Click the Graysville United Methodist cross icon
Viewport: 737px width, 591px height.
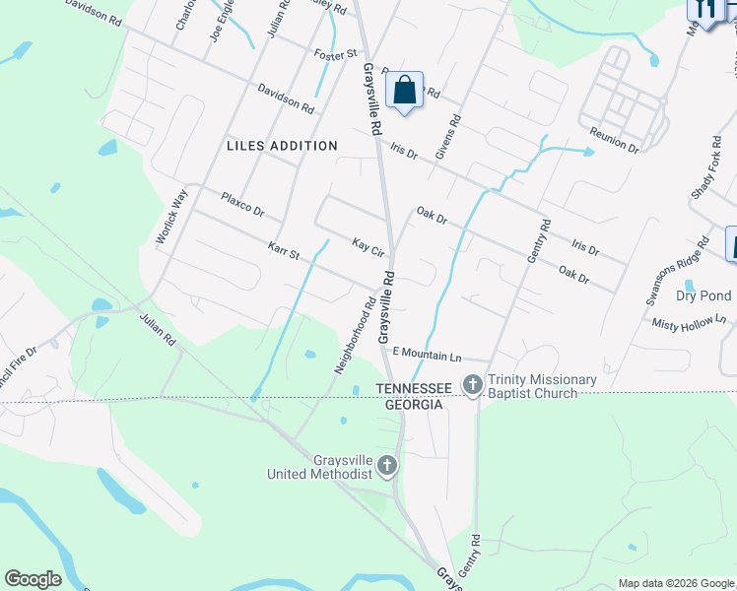[x=388, y=466]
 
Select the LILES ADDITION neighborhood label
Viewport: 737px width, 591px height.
[x=282, y=146]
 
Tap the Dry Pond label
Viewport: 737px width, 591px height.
[x=703, y=295]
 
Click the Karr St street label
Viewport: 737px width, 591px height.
[x=283, y=252]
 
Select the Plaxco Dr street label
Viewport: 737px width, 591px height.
[x=242, y=204]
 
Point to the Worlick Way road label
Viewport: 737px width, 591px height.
[x=170, y=217]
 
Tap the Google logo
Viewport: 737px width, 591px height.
[x=33, y=579]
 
